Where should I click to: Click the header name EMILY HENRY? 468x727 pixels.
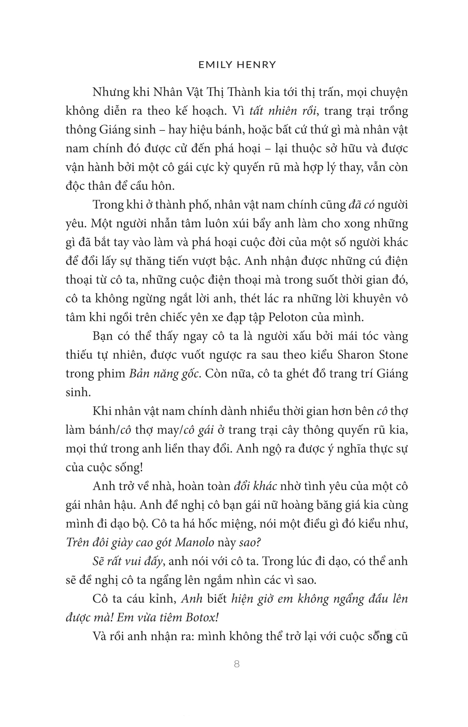(237, 65)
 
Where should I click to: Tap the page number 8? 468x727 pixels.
(237, 664)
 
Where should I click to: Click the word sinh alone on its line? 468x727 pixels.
(78, 392)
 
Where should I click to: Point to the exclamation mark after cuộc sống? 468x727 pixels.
(141, 468)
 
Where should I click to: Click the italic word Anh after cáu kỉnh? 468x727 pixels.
(192, 599)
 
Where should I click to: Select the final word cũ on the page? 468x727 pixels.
(401, 637)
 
